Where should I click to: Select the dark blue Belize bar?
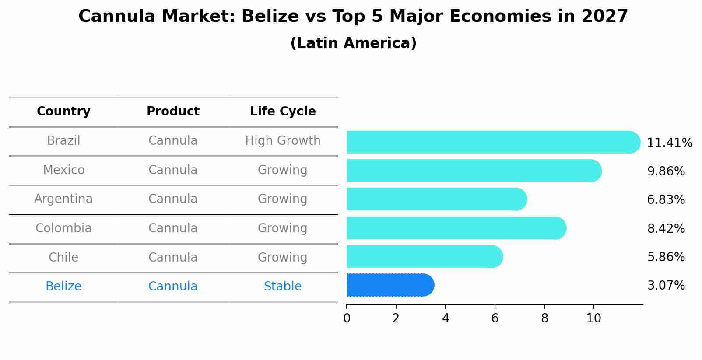point(390,285)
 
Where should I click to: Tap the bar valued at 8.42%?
point(455,228)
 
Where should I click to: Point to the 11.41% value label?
point(669,143)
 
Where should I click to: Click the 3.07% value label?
point(666,286)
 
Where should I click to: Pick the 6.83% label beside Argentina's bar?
point(666,200)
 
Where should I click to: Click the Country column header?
point(63,112)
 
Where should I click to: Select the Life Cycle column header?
point(283,112)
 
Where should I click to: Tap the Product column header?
point(173,112)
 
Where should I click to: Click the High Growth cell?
point(283,141)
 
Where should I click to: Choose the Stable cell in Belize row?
point(283,287)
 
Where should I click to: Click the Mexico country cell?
point(63,170)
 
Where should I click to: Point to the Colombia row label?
point(63,228)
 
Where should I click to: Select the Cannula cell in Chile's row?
point(173,258)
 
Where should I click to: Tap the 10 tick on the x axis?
point(593,318)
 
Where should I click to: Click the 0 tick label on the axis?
point(347,318)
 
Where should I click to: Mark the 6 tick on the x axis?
point(495,318)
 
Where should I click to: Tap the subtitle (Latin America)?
point(353,43)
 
